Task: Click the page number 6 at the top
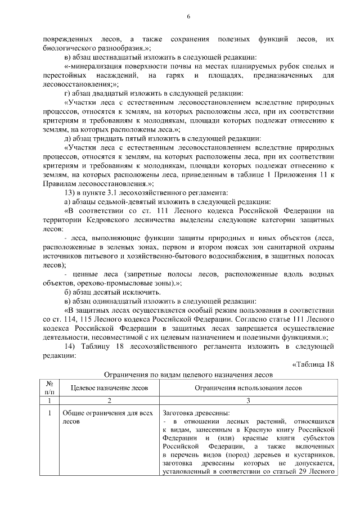[x=188, y=17]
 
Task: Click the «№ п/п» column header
[x=49, y=388]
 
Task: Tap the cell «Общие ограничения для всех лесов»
[x=107, y=417]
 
